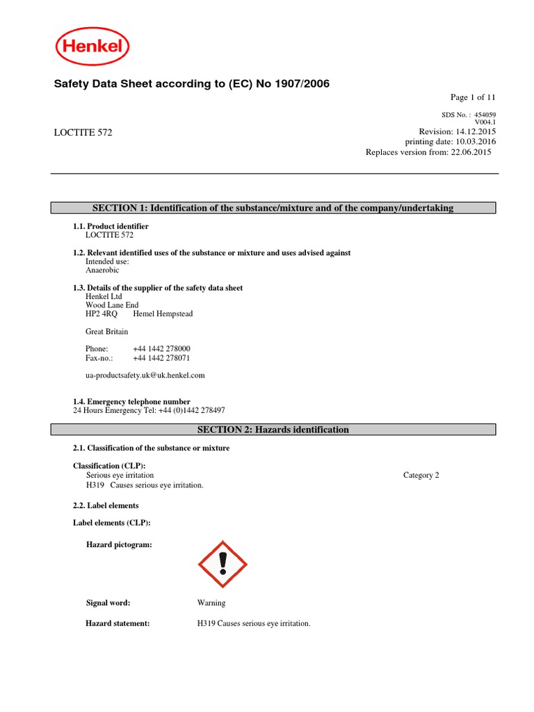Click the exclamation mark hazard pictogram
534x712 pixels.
point(222,564)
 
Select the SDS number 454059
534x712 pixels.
point(485,115)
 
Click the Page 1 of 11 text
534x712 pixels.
point(473,97)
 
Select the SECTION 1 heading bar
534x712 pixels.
point(273,208)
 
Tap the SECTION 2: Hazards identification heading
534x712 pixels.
point(273,430)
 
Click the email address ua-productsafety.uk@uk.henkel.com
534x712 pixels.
point(145,375)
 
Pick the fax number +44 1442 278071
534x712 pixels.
point(161,358)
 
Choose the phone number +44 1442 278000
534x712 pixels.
point(161,348)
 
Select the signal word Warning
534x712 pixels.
point(211,603)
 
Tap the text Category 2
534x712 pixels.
point(421,476)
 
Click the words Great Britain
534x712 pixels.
point(106,332)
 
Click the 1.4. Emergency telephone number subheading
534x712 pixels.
point(131,402)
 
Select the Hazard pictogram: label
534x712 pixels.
point(119,545)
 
